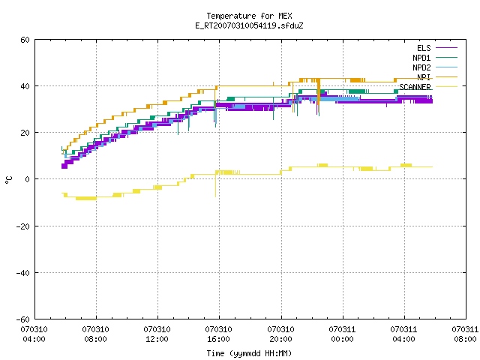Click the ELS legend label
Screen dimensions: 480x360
(424, 48)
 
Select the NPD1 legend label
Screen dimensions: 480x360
(421, 58)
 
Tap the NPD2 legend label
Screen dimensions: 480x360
(421, 67)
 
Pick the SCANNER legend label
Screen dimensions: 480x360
(415, 87)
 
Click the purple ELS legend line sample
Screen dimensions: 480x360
(446, 48)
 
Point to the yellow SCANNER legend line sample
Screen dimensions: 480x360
(446, 87)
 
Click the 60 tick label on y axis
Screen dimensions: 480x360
(25, 40)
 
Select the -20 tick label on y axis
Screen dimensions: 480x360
(23, 226)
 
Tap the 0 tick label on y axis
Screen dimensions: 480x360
(28, 179)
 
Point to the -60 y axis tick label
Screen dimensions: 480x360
(23, 319)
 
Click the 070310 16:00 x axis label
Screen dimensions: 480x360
(219, 334)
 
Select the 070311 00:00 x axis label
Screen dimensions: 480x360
(342, 334)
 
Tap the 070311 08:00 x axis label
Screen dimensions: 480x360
(465, 334)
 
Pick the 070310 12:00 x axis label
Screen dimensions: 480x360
(157, 334)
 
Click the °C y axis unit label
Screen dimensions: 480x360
(9, 180)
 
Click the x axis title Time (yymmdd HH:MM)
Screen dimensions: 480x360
(249, 353)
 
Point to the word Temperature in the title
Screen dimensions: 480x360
(231, 16)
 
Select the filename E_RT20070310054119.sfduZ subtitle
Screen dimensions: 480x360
(249, 25)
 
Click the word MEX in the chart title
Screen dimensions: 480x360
(285, 16)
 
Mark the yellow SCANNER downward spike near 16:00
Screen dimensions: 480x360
(215, 184)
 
